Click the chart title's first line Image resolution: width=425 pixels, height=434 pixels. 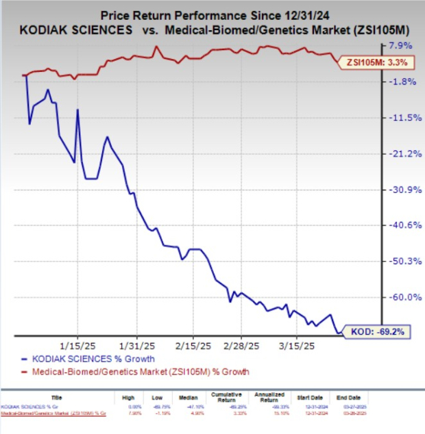(x=212, y=14)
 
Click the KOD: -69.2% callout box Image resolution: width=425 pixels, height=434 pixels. (x=376, y=331)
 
